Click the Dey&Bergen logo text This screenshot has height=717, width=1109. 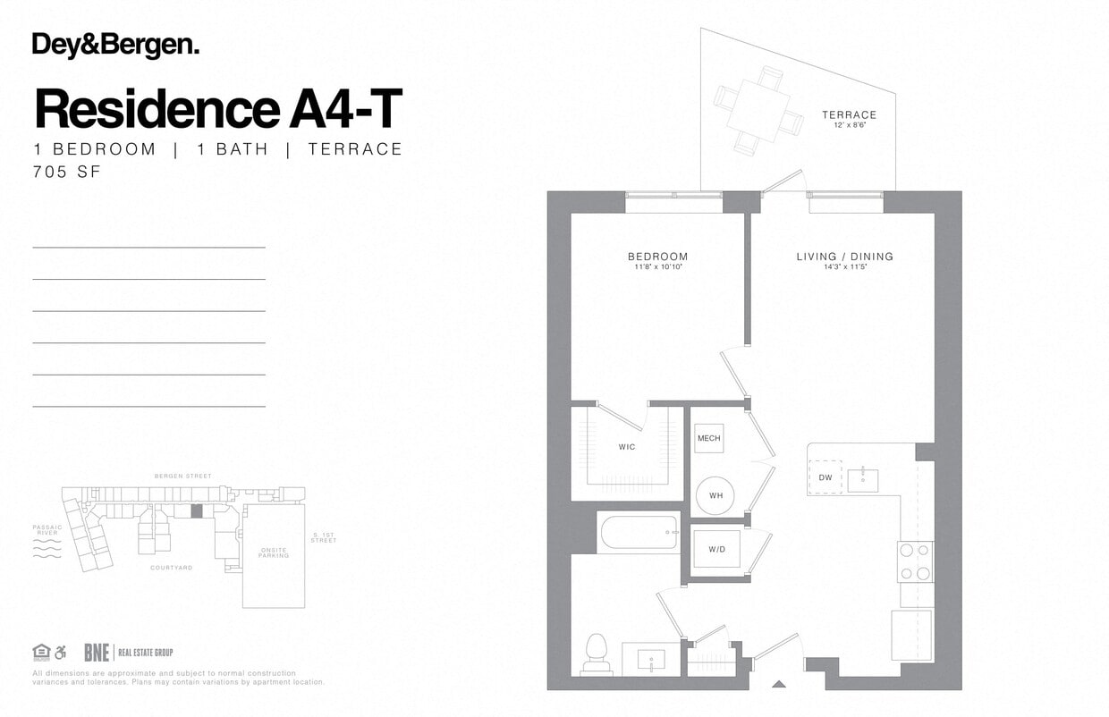pyautogui.click(x=115, y=46)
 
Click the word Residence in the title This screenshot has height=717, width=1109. pyautogui.click(x=157, y=109)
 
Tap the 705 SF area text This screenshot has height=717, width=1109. pyautogui.click(x=66, y=172)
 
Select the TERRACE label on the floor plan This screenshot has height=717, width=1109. pyautogui.click(x=849, y=115)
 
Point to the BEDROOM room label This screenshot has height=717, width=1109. pyautogui.click(x=657, y=257)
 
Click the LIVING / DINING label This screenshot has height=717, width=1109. pyautogui.click(x=844, y=257)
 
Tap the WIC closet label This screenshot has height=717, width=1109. pyautogui.click(x=627, y=446)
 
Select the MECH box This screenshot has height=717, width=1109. pyautogui.click(x=709, y=438)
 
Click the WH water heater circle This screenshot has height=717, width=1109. pyautogui.click(x=715, y=495)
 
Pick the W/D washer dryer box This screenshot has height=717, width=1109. pyautogui.click(x=716, y=549)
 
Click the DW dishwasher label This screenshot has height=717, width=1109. pyautogui.click(x=825, y=477)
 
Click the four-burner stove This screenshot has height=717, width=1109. pyautogui.click(x=915, y=561)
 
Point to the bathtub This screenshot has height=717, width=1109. pyautogui.click(x=639, y=534)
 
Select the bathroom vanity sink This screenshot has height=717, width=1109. pyautogui.click(x=651, y=661)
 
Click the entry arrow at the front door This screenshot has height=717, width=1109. pyautogui.click(x=779, y=685)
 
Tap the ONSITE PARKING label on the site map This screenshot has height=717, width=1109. pyautogui.click(x=273, y=552)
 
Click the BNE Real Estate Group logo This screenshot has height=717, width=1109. pyautogui.click(x=128, y=653)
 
